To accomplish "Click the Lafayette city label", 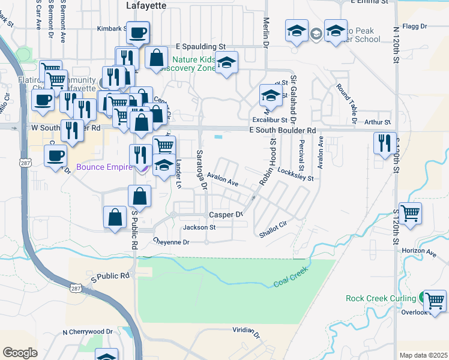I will [x=146, y=5].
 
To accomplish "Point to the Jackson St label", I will [x=199, y=228].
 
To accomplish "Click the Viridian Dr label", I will [x=247, y=332].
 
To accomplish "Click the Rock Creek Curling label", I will [x=381, y=298].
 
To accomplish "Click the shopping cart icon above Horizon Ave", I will [x=410, y=213].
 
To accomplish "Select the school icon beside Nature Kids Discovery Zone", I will [x=226, y=62].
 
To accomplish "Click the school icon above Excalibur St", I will [x=271, y=95].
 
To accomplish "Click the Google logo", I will [x=20, y=353].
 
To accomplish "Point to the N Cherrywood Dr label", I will [x=88, y=331].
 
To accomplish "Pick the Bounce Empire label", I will [x=103, y=167].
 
